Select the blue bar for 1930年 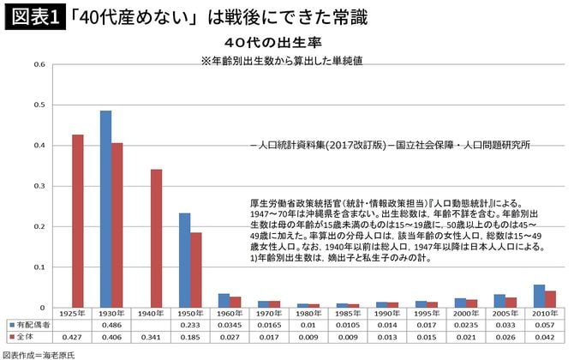coord(105,208)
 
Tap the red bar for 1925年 coord(77,220)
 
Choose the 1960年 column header coord(230,315)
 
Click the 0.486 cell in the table coord(111,326)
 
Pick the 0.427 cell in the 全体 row coord(72,338)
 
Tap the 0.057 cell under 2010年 coord(541,326)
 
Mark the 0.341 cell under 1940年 coord(151,338)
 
